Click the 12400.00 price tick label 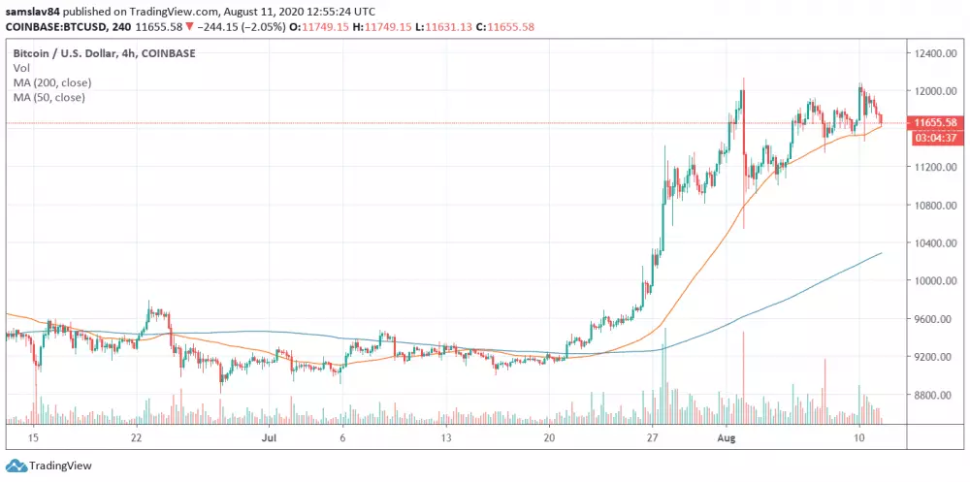pyautogui.click(x=932, y=53)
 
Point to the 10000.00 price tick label pyautogui.click(x=932, y=281)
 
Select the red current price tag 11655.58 pyautogui.click(x=936, y=123)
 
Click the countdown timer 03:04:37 pyautogui.click(x=936, y=138)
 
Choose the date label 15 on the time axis pyautogui.click(x=35, y=438)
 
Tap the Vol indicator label pyautogui.click(x=21, y=69)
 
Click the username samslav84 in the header pyautogui.click(x=31, y=10)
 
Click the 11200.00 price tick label pyautogui.click(x=932, y=167)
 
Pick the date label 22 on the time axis pyautogui.click(x=137, y=438)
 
